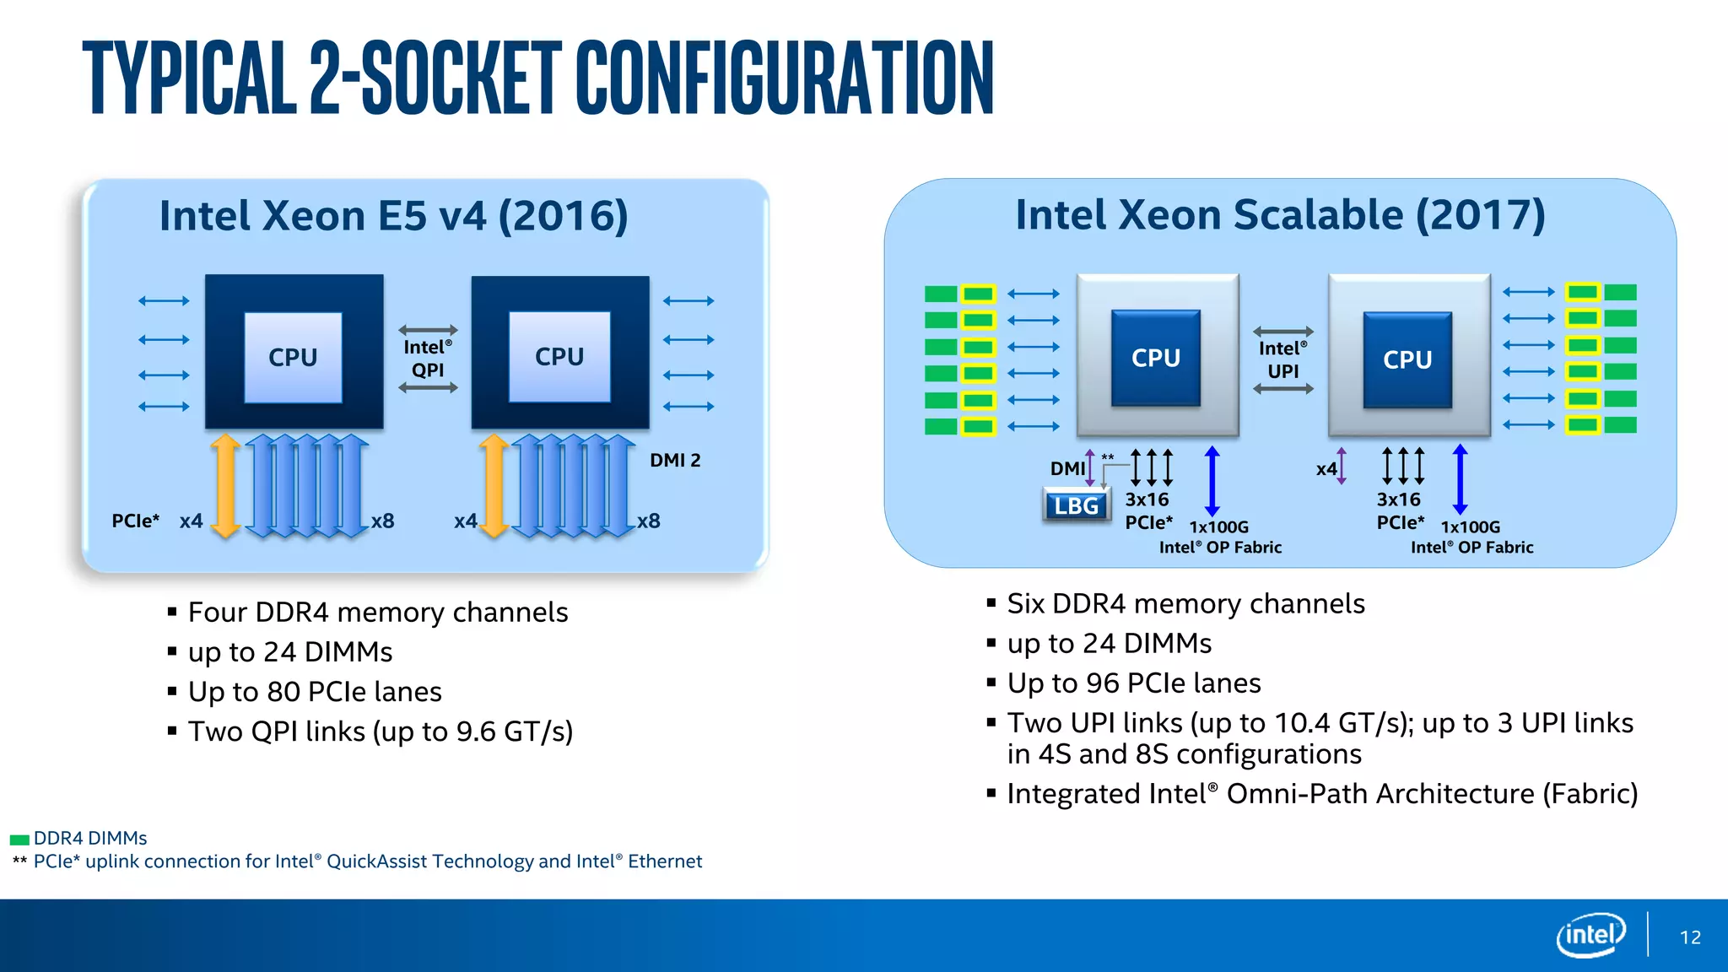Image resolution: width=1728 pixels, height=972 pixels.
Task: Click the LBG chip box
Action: click(x=1077, y=505)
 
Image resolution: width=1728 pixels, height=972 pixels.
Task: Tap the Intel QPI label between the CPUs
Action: click(x=428, y=359)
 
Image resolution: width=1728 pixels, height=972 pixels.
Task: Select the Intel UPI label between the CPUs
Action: click(x=1282, y=360)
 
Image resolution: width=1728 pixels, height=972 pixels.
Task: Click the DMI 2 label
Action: click(x=675, y=461)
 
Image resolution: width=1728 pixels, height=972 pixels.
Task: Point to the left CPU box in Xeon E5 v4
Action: click(x=293, y=357)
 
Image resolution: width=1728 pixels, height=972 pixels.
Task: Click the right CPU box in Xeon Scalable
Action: click(x=1407, y=359)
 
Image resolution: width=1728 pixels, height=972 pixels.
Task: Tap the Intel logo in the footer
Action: click(x=1590, y=935)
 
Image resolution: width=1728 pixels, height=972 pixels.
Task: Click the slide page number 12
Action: click(x=1690, y=937)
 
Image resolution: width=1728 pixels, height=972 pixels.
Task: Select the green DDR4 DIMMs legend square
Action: click(x=19, y=840)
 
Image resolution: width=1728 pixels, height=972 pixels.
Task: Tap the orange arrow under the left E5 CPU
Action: click(x=225, y=486)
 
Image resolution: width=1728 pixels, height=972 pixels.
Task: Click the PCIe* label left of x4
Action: click(x=136, y=521)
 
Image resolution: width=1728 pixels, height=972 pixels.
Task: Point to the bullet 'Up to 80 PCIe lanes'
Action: click(x=315, y=692)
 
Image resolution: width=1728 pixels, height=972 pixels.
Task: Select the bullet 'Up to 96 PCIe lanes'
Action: click(x=1133, y=683)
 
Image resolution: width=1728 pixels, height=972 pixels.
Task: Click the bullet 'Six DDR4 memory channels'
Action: click(x=1185, y=604)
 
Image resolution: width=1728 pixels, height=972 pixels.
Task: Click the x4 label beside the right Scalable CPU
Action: click(x=1326, y=469)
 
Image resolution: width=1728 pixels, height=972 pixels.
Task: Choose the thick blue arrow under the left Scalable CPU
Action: click(x=1212, y=481)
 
